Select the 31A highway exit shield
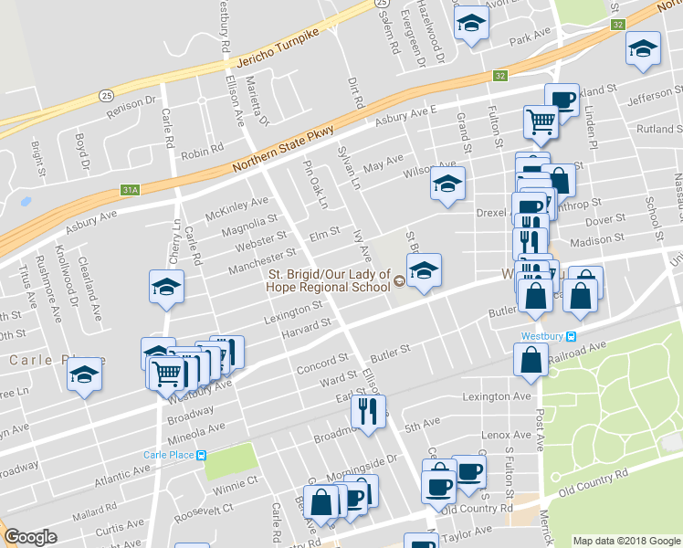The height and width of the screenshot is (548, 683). (x=130, y=190)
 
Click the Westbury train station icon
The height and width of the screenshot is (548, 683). (x=572, y=335)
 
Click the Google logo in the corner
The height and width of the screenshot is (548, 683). (x=30, y=537)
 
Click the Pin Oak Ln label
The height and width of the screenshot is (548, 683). (x=313, y=185)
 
